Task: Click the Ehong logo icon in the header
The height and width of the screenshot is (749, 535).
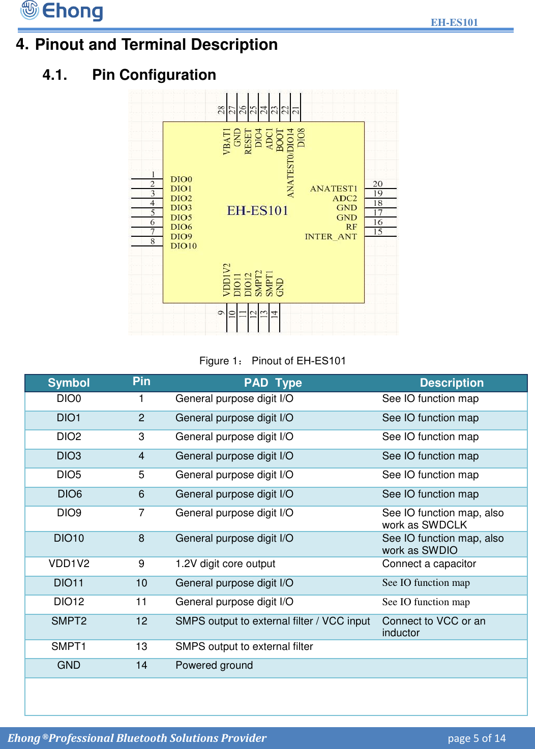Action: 29,10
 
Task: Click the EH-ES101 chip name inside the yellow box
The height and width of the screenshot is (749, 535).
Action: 257,210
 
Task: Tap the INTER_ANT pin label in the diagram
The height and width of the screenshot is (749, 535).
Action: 331,237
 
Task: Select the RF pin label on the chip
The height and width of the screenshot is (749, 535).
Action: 351,227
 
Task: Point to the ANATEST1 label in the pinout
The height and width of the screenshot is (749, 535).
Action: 334,189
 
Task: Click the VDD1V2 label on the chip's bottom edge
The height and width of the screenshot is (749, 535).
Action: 227,279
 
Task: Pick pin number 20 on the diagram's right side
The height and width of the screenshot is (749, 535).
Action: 377,184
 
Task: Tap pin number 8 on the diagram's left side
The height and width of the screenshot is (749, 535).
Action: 153,241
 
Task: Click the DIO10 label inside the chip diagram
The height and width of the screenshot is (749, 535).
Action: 184,246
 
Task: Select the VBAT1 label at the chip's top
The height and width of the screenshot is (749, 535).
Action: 227,141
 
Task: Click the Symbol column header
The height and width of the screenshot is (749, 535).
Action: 69,383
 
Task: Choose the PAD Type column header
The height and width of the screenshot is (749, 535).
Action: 273,383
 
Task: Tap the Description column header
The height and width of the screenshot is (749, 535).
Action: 452,383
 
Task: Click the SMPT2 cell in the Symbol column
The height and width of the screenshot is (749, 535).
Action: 69,621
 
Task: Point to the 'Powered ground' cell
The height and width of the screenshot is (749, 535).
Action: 214,665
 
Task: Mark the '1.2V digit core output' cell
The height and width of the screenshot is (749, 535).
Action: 225,564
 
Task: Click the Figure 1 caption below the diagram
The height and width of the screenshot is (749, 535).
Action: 273,361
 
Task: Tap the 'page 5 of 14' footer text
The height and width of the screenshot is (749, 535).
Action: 477,738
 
